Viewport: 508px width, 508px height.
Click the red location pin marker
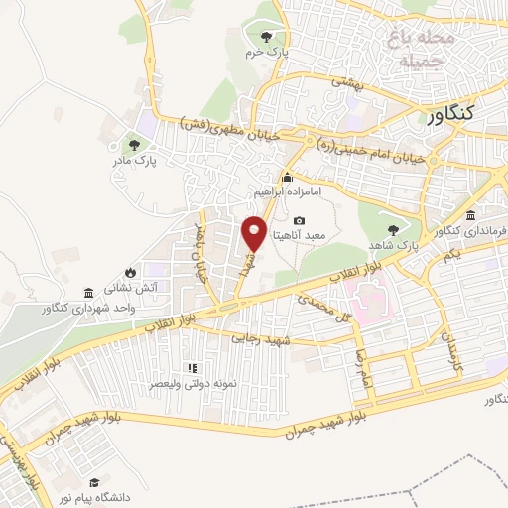[x=254, y=233]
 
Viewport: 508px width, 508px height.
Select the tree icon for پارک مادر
[x=121, y=146]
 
